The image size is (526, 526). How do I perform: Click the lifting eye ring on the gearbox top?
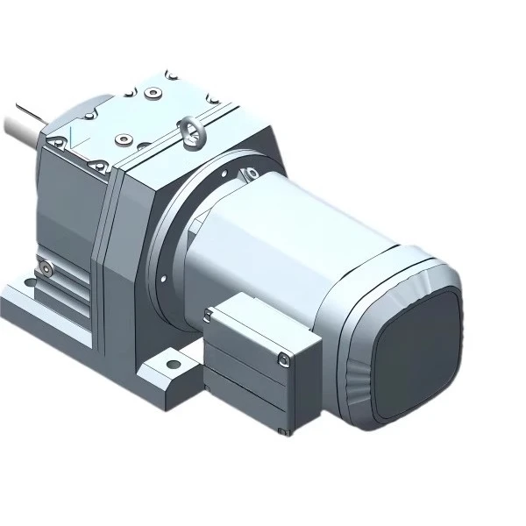pyautogui.click(x=190, y=132)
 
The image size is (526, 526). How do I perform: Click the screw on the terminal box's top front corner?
pyautogui.click(x=281, y=357)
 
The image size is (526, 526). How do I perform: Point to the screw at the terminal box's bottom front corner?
pyautogui.click(x=283, y=431)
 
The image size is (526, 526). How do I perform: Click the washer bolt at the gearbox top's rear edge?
pyautogui.click(x=153, y=91)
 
